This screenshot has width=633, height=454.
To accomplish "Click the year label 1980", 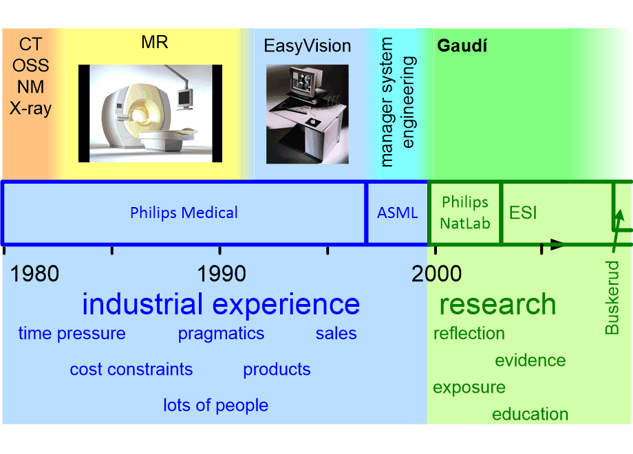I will click(x=35, y=274).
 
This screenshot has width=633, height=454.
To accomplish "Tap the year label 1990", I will click(x=222, y=274).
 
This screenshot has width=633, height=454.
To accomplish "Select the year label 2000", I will click(x=437, y=274).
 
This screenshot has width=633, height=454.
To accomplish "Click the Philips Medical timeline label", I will click(x=184, y=213).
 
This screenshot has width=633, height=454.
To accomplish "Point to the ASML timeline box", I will click(x=397, y=213).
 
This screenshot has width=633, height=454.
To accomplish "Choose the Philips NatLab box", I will click(x=464, y=213).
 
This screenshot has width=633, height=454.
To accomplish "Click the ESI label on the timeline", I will click(x=523, y=213).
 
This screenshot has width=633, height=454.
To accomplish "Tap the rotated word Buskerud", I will click(x=612, y=298).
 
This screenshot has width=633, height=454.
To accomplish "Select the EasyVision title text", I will click(x=308, y=46).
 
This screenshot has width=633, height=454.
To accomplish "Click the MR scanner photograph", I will click(x=150, y=113).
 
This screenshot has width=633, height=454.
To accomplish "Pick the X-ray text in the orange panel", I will click(x=30, y=108).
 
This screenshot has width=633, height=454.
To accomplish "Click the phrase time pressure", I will click(x=72, y=334).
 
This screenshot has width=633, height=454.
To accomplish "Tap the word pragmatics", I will click(x=221, y=334).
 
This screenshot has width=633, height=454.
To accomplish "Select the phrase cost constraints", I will click(x=131, y=369).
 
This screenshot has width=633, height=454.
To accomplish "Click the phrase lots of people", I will click(x=215, y=405).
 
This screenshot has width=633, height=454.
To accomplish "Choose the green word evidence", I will click(x=530, y=360).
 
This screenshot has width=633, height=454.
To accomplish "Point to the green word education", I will click(x=530, y=414).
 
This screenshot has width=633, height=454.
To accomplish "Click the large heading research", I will click(x=497, y=304).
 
